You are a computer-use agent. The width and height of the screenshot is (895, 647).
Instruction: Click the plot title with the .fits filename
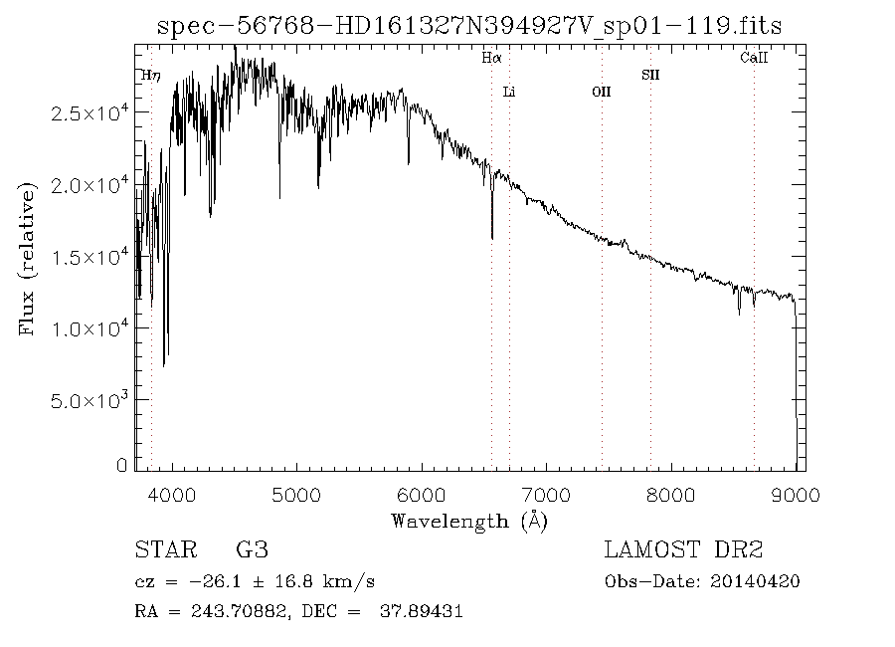tap(469, 27)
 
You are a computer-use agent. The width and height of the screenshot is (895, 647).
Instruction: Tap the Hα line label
tap(491, 59)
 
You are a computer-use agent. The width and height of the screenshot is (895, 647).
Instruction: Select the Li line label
tap(509, 93)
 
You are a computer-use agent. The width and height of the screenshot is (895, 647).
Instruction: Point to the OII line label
tap(602, 93)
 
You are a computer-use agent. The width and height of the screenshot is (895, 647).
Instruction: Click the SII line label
tap(650, 75)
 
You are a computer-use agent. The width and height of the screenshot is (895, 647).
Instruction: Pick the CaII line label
tap(754, 59)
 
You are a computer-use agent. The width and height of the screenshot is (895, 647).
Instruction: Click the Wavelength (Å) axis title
tap(469, 520)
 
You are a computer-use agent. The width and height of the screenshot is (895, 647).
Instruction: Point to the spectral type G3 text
tap(252, 549)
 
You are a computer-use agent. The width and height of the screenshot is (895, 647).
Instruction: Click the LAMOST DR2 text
tap(684, 549)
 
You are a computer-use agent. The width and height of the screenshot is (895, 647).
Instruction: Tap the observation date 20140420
tap(764, 581)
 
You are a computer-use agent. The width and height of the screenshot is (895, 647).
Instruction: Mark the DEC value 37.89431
tap(421, 611)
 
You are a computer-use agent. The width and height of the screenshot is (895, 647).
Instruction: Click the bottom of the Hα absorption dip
tap(492, 238)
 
